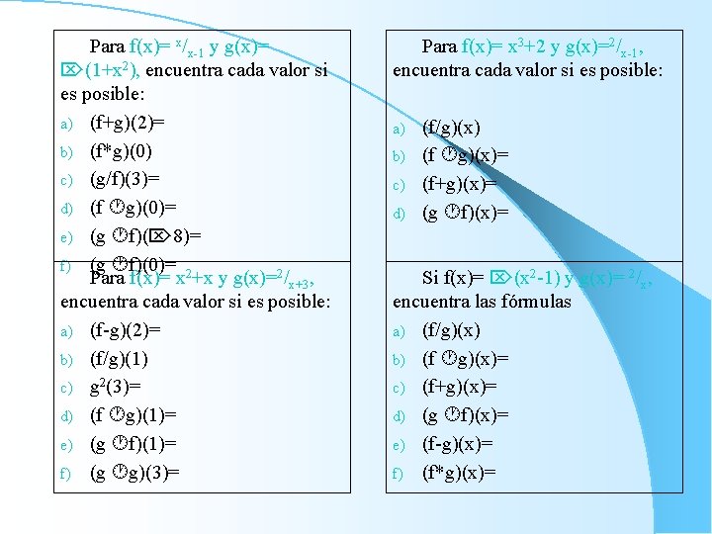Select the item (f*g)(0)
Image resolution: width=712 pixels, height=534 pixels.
(x=120, y=151)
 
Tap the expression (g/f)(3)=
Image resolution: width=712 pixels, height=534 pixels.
(x=125, y=179)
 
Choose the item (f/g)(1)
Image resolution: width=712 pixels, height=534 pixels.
(x=120, y=359)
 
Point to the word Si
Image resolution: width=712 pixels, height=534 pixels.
(x=431, y=278)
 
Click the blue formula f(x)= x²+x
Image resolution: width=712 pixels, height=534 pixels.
(x=179, y=278)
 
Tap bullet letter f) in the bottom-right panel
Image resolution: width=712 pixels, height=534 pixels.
(x=400, y=474)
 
